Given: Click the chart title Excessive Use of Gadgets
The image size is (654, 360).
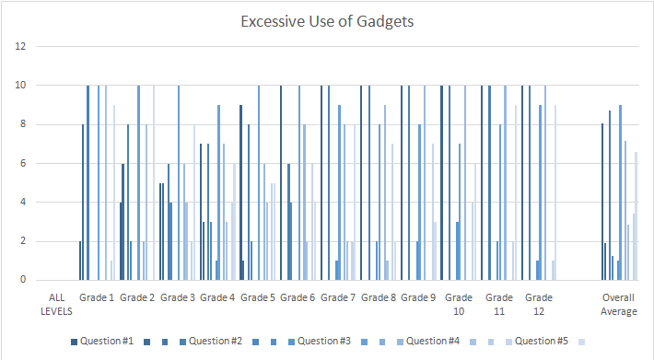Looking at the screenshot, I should [327, 20].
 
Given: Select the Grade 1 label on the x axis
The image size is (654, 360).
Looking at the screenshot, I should [96, 298].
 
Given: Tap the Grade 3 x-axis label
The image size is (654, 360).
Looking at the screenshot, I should [177, 298].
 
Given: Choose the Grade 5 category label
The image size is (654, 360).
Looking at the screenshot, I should [258, 298].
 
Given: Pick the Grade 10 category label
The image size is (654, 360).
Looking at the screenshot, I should [459, 305].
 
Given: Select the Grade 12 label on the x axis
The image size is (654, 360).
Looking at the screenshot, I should [540, 305].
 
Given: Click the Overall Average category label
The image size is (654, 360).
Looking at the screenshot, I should [619, 305].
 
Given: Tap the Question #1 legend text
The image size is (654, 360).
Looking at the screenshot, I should [106, 342].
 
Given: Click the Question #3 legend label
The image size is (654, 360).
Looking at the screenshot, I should [324, 342].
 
